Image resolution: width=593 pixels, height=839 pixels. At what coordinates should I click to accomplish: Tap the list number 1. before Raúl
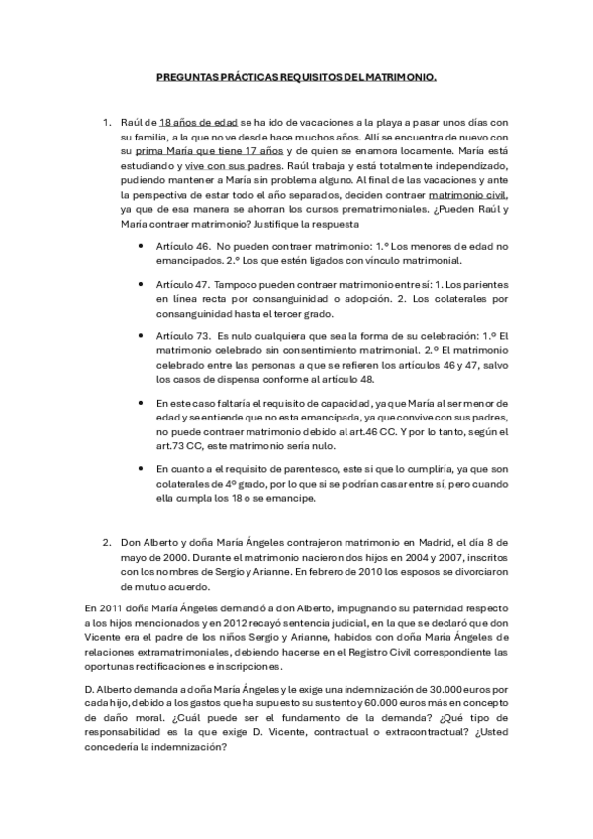(108, 122)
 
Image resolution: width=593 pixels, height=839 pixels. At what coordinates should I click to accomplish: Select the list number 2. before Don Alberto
(108, 543)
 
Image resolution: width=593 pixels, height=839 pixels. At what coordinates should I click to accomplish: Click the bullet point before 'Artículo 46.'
(147, 244)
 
